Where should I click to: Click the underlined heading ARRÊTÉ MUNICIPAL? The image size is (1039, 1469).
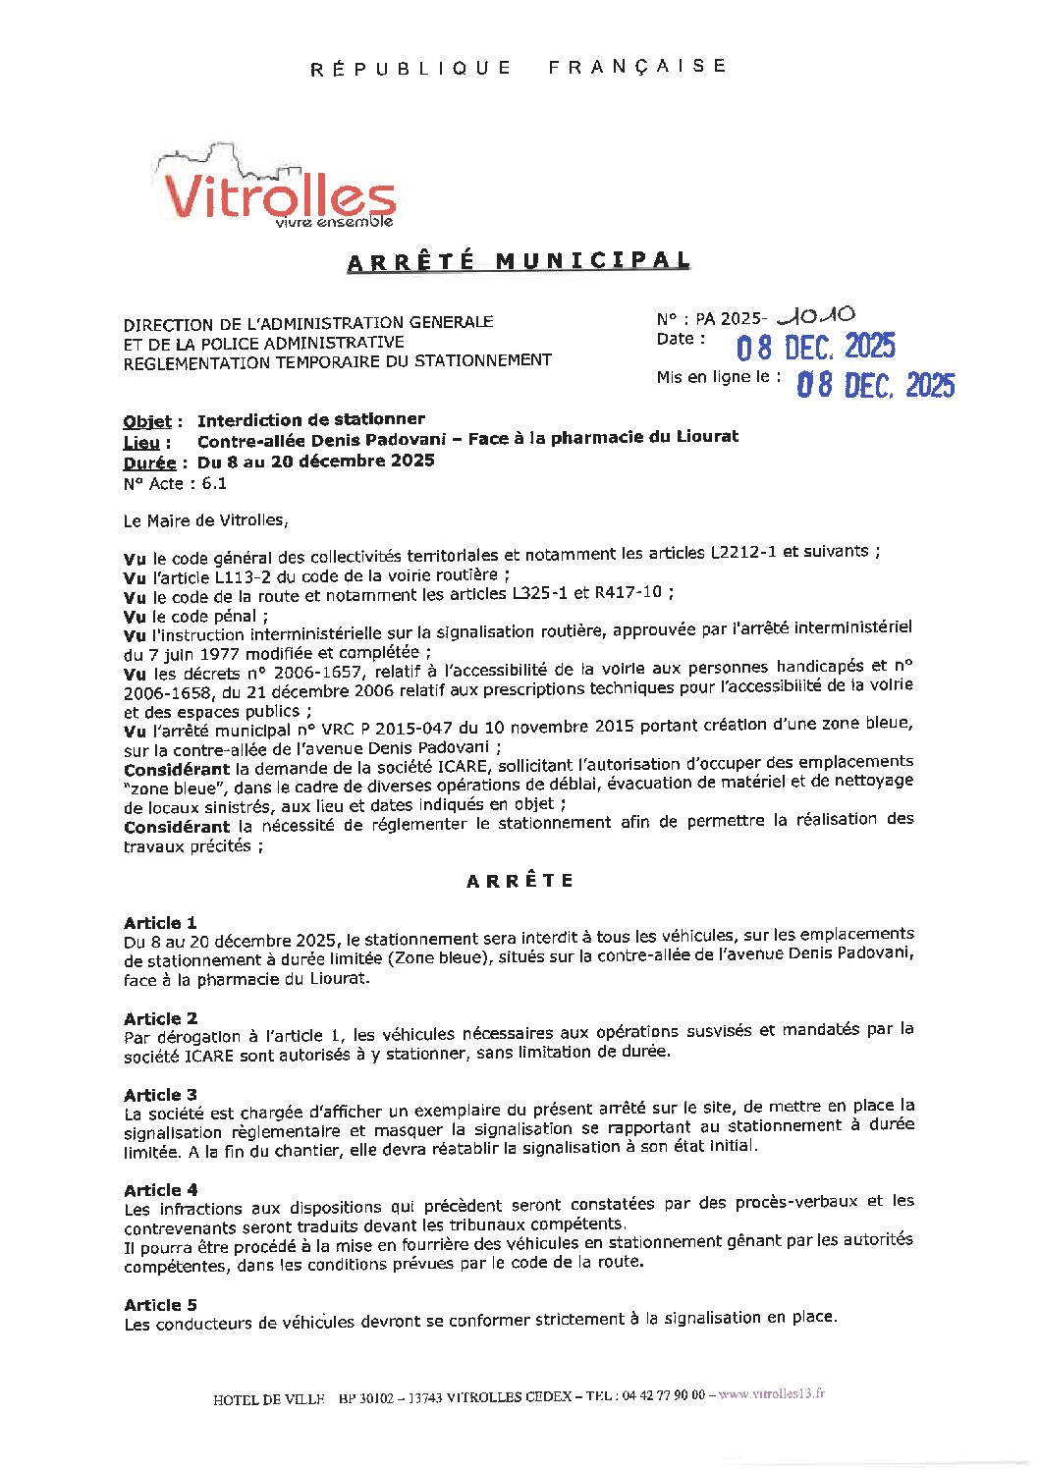(x=519, y=261)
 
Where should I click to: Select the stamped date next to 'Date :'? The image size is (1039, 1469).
(x=815, y=347)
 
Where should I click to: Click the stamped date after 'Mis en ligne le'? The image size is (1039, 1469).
(x=875, y=384)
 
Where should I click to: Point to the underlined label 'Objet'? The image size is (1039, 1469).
(x=147, y=421)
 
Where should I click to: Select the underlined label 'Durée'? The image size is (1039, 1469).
(x=149, y=463)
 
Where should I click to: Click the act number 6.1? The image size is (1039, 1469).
(x=214, y=483)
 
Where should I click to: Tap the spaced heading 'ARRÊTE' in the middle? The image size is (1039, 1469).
(x=519, y=881)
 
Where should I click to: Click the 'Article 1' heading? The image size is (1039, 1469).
(x=160, y=923)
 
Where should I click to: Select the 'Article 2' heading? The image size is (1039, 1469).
(x=160, y=1018)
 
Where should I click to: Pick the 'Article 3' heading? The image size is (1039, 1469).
(x=160, y=1095)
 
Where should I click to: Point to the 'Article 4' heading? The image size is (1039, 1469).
(x=160, y=1190)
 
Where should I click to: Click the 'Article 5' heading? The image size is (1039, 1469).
(x=160, y=1305)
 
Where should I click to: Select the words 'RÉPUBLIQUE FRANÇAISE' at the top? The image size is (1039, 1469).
(x=519, y=67)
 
